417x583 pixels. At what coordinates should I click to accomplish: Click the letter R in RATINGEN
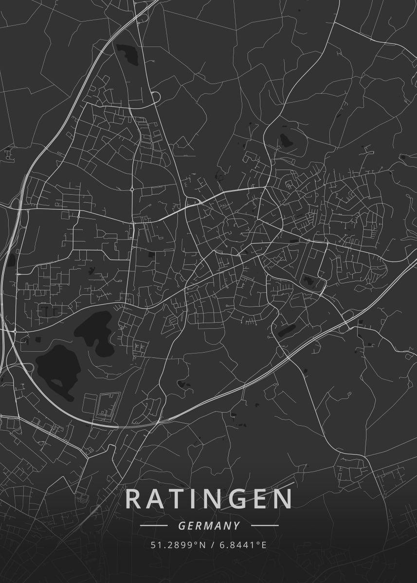tap(134, 499)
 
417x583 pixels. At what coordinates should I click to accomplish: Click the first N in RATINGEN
tap(211, 499)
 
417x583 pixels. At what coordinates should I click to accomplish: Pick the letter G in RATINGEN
tap(236, 499)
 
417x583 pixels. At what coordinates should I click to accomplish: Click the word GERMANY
tap(209, 526)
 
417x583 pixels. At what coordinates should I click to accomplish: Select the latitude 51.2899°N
tap(177, 545)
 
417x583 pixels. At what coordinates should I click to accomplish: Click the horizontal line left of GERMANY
tap(154, 526)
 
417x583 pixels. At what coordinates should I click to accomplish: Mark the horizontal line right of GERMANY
tap(265, 526)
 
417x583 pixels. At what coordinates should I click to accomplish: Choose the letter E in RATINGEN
tap(258, 499)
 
